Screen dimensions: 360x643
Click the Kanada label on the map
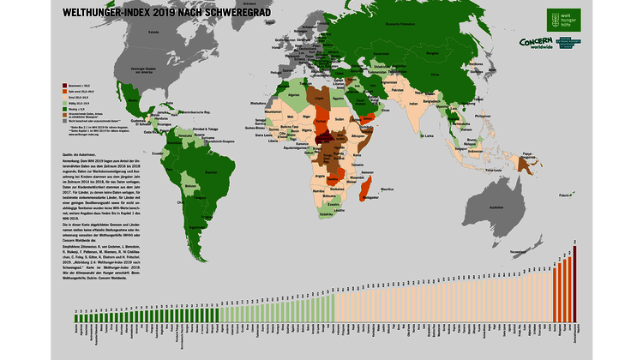[x=154, y=32]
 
